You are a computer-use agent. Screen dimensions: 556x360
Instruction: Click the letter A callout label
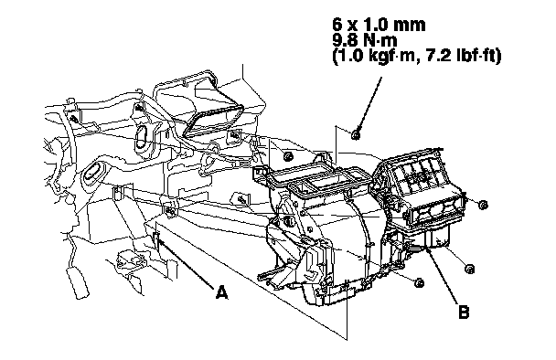[222, 292]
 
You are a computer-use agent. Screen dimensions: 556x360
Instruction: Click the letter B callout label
[464, 312]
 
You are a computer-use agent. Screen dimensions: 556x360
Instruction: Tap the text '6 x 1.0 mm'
[379, 25]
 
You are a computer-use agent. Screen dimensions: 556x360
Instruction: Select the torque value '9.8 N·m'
[365, 40]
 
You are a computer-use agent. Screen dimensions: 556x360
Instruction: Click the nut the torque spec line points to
[356, 134]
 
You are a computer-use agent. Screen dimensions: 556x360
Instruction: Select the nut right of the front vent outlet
[483, 205]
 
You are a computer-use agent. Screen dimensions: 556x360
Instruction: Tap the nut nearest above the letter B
[469, 269]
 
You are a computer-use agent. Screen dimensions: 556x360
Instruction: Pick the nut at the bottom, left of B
[419, 282]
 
